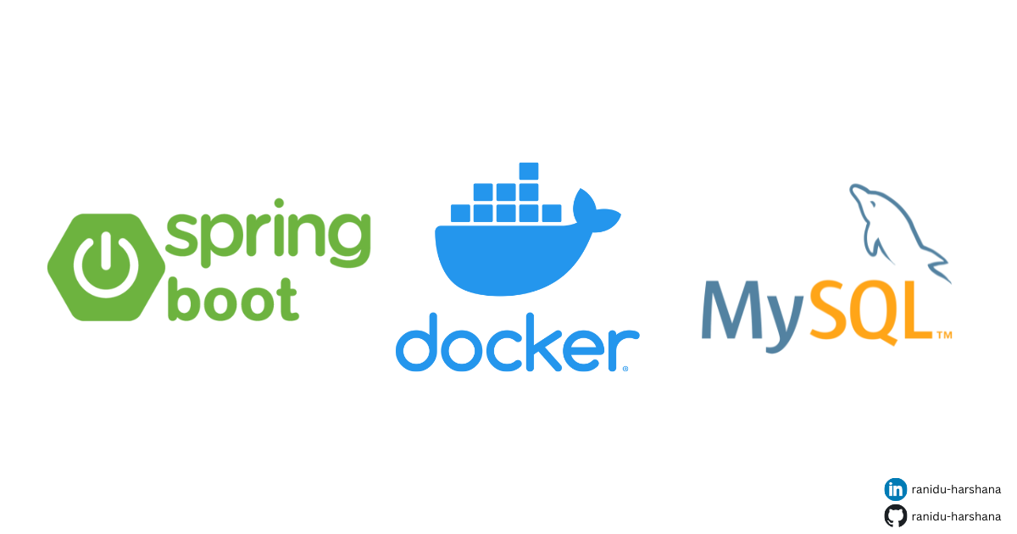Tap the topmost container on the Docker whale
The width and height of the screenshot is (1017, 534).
(x=529, y=170)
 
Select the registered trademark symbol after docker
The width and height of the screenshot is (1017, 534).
(x=625, y=369)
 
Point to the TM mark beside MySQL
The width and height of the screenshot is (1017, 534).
(x=943, y=336)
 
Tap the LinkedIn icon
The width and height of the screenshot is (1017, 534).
(x=895, y=489)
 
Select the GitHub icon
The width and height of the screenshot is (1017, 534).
(x=895, y=515)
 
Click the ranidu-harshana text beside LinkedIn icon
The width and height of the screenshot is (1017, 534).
(x=956, y=489)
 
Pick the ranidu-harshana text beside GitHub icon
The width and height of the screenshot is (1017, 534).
(x=956, y=515)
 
